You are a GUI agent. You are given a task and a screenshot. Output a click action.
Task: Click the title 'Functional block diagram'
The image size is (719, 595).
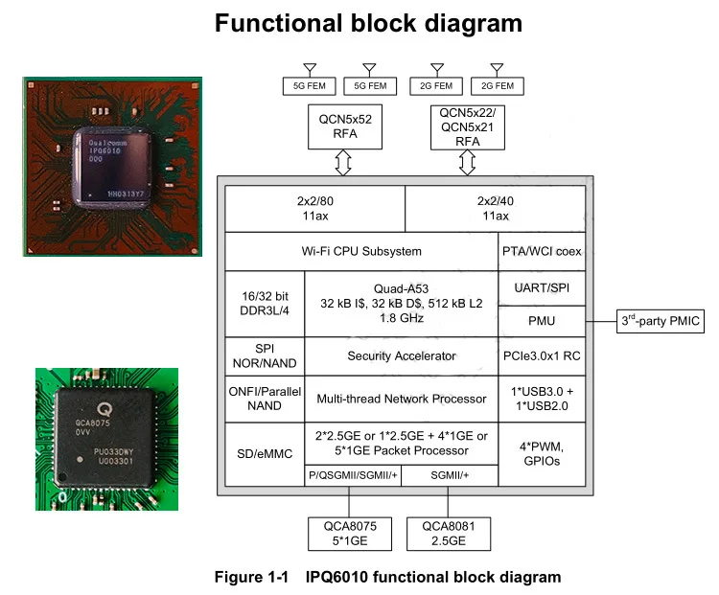[x=369, y=23]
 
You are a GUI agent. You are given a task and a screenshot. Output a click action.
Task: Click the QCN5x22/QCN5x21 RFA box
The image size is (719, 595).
[x=467, y=126]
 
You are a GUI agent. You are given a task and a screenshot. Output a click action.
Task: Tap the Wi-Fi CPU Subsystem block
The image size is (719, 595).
[x=361, y=252]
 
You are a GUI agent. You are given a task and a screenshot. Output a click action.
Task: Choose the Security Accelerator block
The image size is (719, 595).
[x=401, y=355]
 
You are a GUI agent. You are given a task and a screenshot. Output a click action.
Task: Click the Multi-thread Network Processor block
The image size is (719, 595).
[x=401, y=399]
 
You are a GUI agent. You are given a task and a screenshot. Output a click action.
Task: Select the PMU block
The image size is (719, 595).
[x=541, y=321]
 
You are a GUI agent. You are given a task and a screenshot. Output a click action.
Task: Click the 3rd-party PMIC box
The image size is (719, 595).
[x=660, y=321]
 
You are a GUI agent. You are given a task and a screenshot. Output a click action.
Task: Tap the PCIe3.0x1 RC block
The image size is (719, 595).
[x=541, y=355]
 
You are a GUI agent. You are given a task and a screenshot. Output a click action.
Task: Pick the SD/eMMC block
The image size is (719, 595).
[x=264, y=450]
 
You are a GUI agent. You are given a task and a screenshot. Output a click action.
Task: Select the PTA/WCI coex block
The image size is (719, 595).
[x=541, y=252]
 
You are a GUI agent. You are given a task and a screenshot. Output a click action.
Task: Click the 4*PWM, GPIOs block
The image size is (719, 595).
[x=541, y=452]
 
